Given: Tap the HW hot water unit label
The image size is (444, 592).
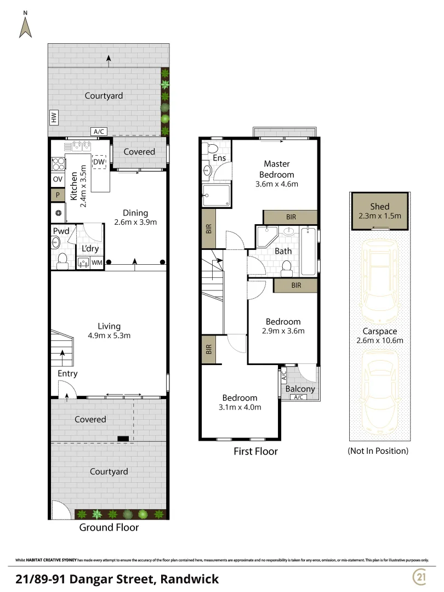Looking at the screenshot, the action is tap(54, 117).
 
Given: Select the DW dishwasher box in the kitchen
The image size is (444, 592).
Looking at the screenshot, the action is tap(99, 162).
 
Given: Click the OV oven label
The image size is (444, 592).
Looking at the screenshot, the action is tap(58, 179).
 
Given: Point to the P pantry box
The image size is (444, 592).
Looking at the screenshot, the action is tap(58, 195).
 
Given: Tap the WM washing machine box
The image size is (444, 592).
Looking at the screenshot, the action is tap(97, 263).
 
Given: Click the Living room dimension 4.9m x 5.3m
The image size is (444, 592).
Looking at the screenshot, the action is tap(109, 335).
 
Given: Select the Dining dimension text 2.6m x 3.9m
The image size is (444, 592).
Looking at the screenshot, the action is tap(135, 223).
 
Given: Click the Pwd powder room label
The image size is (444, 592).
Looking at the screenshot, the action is tap(61, 231).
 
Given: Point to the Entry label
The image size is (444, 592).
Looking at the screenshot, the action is tap(67, 373).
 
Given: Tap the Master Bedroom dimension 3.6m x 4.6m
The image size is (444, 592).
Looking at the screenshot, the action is tap(277, 184).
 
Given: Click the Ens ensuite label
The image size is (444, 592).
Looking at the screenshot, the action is tap(219, 158).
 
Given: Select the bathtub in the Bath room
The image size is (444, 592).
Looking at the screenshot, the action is tap(308, 251).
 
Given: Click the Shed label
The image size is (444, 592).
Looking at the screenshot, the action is tap(380, 207).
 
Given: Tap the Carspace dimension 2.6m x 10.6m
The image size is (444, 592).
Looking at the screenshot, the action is tap(380, 340).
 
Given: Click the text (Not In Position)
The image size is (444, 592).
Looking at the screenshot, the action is tap(378, 451).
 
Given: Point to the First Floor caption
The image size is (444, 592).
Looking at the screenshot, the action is tap(255, 452).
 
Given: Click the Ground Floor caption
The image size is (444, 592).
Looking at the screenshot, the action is tap(109, 527).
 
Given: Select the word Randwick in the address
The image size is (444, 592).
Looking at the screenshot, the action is tap(190, 579).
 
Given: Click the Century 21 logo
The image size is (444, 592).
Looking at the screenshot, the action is tap(420, 577).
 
